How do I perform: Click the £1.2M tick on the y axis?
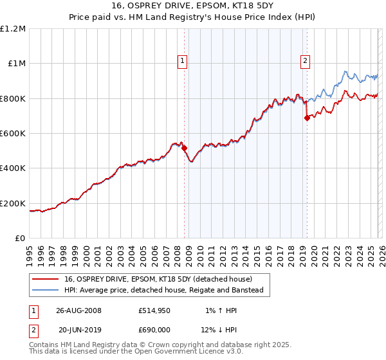tap(14, 29)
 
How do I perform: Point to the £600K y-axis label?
tap(14, 134)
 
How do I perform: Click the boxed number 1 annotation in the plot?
tap(183, 61)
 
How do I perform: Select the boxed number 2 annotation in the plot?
tap(305, 61)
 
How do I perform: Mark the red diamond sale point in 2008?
tap(185, 148)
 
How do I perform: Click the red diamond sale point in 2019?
tap(307, 118)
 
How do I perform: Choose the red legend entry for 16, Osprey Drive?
tap(158, 279)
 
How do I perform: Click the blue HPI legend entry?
tap(164, 291)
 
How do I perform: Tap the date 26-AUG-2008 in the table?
tap(78, 310)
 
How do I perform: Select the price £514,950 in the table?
tap(153, 310)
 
